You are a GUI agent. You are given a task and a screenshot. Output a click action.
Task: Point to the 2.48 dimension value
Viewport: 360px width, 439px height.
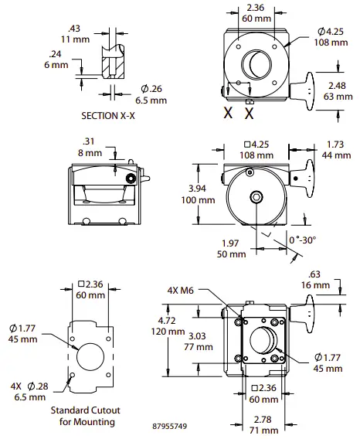[x=337, y=85]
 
